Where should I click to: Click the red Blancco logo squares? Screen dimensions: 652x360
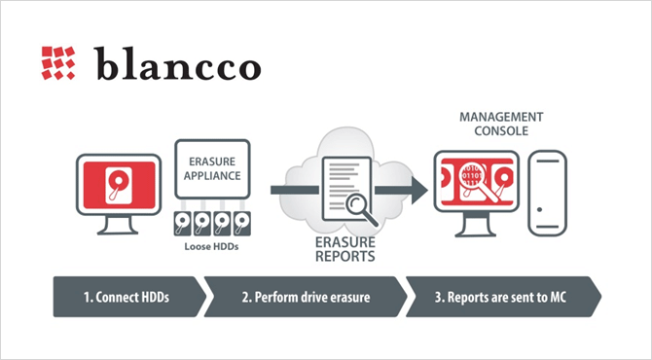pos(58,63)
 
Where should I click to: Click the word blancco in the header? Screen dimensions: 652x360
pos(177,63)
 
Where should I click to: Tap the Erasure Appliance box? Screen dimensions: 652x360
pos(212,168)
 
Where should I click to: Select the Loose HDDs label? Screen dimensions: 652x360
pos(211,246)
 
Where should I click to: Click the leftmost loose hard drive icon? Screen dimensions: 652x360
pos(183,224)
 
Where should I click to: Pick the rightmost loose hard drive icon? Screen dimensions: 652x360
pos(242,224)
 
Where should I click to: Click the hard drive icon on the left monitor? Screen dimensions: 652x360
pos(119,185)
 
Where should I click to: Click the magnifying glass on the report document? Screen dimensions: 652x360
pos(361,209)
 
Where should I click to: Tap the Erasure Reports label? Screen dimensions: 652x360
pos(345,249)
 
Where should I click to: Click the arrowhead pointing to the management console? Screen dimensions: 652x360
pos(419,190)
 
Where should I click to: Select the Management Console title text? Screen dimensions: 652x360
pos(501,124)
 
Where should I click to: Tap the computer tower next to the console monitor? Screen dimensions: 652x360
pos(548,194)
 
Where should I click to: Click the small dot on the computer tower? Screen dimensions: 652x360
pos(539,209)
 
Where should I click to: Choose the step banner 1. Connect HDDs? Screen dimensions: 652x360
pos(129,297)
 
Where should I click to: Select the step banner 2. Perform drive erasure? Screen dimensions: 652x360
pos(306,297)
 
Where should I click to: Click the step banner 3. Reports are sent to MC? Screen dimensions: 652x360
pos(503,297)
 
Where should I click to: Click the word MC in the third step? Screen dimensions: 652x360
pos(558,297)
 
